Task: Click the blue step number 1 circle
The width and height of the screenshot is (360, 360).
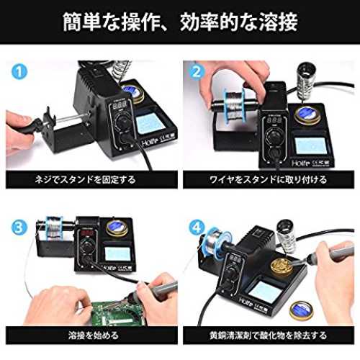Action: [x=19, y=71]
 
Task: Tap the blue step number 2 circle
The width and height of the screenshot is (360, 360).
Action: [x=197, y=71]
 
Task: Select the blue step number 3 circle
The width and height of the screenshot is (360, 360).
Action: [x=19, y=228]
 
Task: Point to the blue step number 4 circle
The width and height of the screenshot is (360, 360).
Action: [x=197, y=228]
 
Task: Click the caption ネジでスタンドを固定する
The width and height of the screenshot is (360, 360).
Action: [x=85, y=179]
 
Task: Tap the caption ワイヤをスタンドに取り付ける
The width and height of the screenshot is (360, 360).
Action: [x=268, y=179]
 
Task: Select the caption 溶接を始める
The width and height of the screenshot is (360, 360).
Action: [x=94, y=336]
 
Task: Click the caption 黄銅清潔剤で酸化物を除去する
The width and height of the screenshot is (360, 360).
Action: [x=268, y=336]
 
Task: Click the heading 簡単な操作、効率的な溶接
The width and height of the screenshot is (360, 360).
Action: [x=180, y=22]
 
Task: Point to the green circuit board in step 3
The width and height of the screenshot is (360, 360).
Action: [x=117, y=311]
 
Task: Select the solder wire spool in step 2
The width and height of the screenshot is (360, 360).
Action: [x=234, y=103]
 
